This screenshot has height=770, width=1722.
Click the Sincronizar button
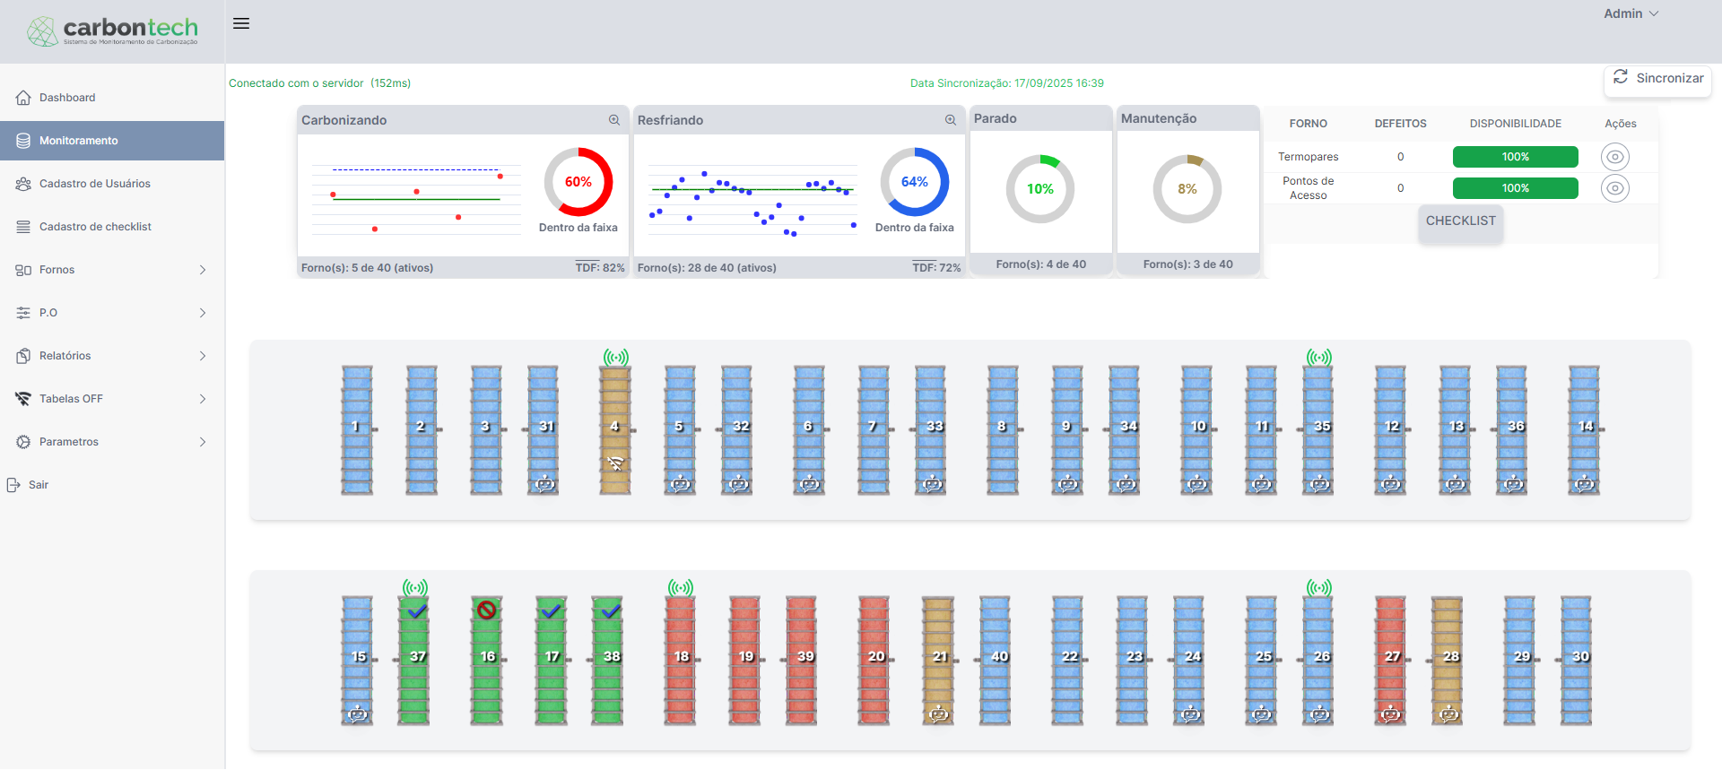click(1657, 79)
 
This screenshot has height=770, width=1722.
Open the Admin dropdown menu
click(1631, 13)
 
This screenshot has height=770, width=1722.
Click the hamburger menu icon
click(241, 23)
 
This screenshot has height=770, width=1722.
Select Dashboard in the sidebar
click(67, 98)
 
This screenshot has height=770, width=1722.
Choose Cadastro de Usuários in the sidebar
click(95, 184)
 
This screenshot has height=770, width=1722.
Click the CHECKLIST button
click(1460, 221)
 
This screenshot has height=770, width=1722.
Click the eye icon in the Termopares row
click(1614, 157)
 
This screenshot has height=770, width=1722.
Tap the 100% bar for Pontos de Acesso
click(1515, 188)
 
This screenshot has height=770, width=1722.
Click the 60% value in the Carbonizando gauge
click(578, 182)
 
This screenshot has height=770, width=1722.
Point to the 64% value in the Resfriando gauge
click(914, 182)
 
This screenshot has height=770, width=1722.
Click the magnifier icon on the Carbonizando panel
click(614, 120)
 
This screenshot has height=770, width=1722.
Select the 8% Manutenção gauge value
click(1187, 189)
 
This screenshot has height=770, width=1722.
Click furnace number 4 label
click(614, 427)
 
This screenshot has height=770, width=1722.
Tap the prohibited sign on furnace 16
click(487, 610)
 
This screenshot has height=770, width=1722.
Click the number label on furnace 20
click(875, 656)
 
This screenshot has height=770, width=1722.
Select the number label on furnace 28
click(1450, 656)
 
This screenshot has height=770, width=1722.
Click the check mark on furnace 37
click(417, 611)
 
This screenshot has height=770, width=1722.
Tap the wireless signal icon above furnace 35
click(1318, 358)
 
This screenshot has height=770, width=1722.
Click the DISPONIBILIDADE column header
click(1515, 124)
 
